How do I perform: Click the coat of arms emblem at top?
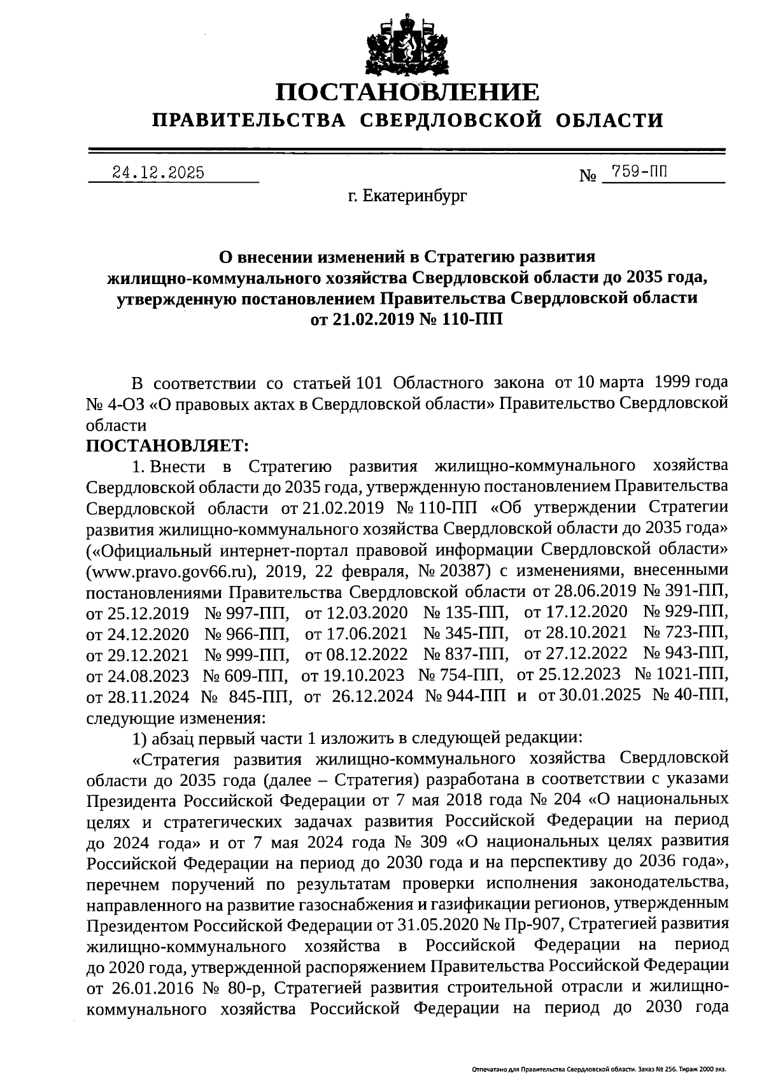point(406,39)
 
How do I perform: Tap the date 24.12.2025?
point(158,173)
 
